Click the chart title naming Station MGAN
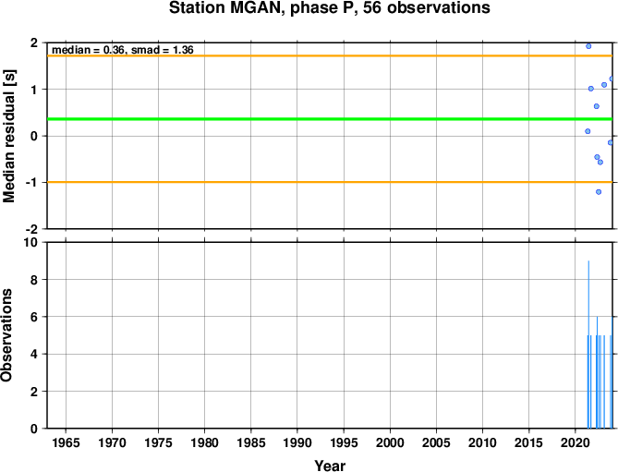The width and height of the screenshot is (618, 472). pos(330,7)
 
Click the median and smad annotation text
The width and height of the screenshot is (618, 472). pos(123,50)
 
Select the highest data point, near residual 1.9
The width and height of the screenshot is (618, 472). pos(588,46)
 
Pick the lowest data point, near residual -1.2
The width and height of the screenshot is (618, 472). pos(599,192)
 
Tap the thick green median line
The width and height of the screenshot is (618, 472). pos(330,119)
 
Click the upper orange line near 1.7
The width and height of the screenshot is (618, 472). pos(330,56)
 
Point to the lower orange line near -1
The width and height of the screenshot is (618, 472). pos(330,182)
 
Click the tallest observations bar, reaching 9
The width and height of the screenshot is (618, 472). pos(588,345)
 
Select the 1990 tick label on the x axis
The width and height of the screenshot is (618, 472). pos(297,442)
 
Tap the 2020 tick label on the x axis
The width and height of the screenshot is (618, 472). pos(575,442)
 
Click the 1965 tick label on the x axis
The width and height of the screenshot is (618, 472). pos(66,442)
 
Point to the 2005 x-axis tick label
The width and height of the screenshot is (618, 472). pos(436,442)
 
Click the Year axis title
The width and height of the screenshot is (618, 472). pos(330,466)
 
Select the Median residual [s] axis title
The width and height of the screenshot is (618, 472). pos(8,136)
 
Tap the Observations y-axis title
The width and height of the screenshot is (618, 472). pos(6,335)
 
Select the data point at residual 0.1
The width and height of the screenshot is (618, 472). pos(588,131)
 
